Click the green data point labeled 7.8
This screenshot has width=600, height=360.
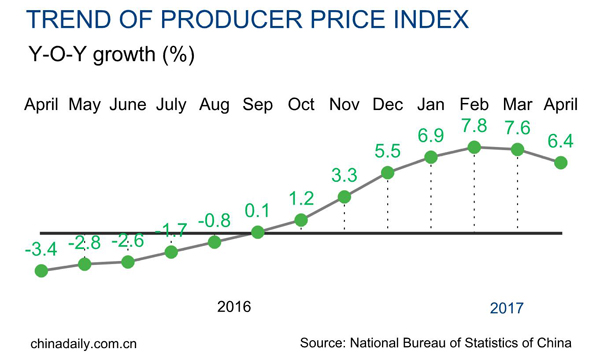click(474, 147)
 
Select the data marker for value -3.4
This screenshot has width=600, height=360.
click(41, 270)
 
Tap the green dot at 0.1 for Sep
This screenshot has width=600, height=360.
click(258, 232)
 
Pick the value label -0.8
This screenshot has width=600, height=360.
click(215, 221)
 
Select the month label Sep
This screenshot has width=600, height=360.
click(258, 104)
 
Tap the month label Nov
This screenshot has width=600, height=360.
click(344, 104)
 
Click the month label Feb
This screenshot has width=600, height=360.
click(474, 104)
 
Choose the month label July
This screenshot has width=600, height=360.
click(171, 104)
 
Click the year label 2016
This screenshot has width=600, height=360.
click(236, 305)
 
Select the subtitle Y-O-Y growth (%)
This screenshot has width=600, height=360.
click(112, 55)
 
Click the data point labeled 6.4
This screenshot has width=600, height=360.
click(561, 162)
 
